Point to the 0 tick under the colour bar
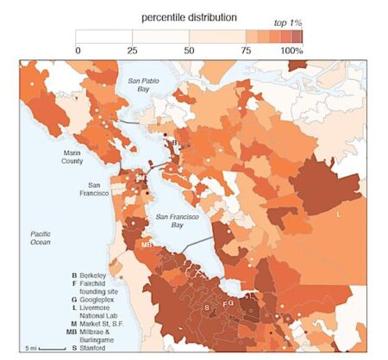[77, 51]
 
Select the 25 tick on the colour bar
[133, 51]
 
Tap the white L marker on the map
[339, 211]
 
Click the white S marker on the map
[207, 307]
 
